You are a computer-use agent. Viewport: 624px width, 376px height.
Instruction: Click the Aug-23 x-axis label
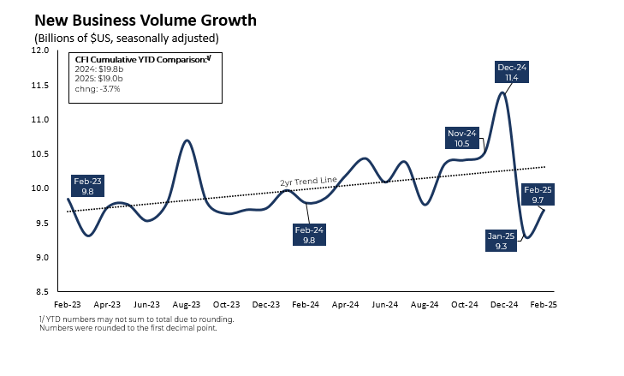tap(186, 304)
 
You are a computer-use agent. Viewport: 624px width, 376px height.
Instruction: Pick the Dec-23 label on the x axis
tap(267, 304)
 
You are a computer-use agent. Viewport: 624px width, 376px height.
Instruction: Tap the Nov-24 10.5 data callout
tap(463, 139)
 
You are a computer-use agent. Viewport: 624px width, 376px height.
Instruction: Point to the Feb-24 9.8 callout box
tap(308, 236)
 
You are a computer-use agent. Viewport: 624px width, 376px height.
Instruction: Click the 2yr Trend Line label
tap(309, 182)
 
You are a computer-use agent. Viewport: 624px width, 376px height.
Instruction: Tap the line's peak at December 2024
tap(502, 93)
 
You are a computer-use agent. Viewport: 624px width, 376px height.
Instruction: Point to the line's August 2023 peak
tap(187, 140)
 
